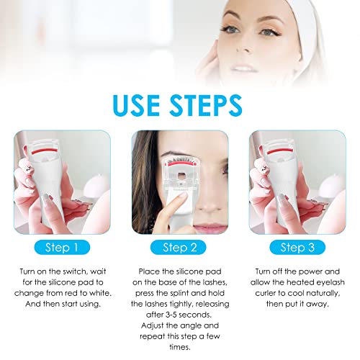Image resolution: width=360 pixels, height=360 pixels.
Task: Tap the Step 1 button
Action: click(58, 248)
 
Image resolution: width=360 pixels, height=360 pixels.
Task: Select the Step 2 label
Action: click(180, 248)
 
